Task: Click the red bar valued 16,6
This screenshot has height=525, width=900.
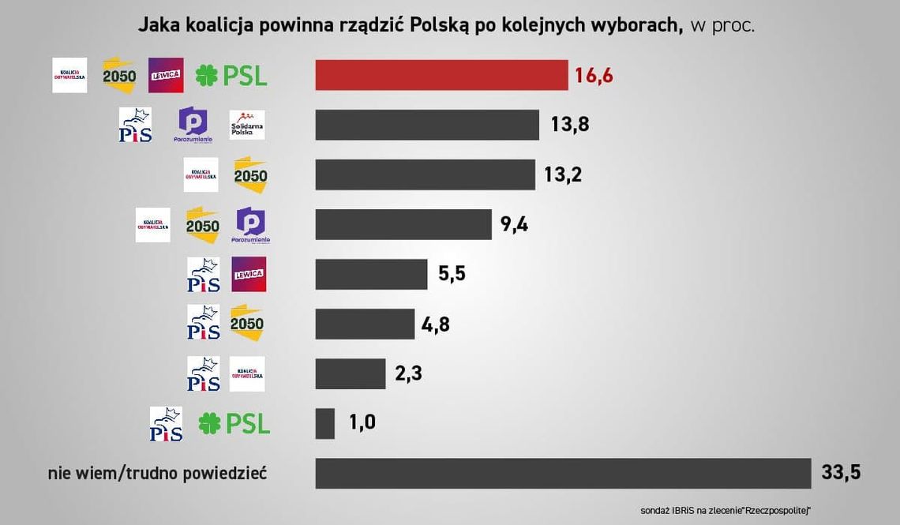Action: tap(441, 75)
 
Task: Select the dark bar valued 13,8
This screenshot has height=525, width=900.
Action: tap(427, 125)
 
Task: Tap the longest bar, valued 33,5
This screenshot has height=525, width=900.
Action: tap(563, 473)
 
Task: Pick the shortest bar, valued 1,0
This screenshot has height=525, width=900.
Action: tap(324, 423)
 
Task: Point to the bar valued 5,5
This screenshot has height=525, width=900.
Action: tap(371, 274)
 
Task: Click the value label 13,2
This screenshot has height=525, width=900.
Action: tap(563, 174)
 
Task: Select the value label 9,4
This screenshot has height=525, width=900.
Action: tap(514, 225)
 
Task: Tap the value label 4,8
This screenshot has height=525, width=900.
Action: tap(436, 324)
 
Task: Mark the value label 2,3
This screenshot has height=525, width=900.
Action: tap(408, 373)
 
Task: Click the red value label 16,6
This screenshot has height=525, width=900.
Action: tap(594, 76)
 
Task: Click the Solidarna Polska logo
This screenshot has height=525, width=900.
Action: tap(247, 125)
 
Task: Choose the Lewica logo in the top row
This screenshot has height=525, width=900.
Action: tap(166, 75)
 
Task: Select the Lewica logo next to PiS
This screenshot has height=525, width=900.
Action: tap(249, 274)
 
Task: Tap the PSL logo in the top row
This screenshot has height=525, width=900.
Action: tap(231, 75)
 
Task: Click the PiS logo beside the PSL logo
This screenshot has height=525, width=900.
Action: tap(166, 424)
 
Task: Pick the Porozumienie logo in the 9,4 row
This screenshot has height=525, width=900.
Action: tap(251, 225)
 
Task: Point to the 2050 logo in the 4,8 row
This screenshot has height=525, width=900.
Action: tap(246, 324)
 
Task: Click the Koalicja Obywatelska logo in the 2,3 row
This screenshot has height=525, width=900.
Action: tap(247, 373)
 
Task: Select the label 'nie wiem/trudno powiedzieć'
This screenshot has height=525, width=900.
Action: tap(157, 474)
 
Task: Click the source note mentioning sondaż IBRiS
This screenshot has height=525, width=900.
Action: tap(726, 510)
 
